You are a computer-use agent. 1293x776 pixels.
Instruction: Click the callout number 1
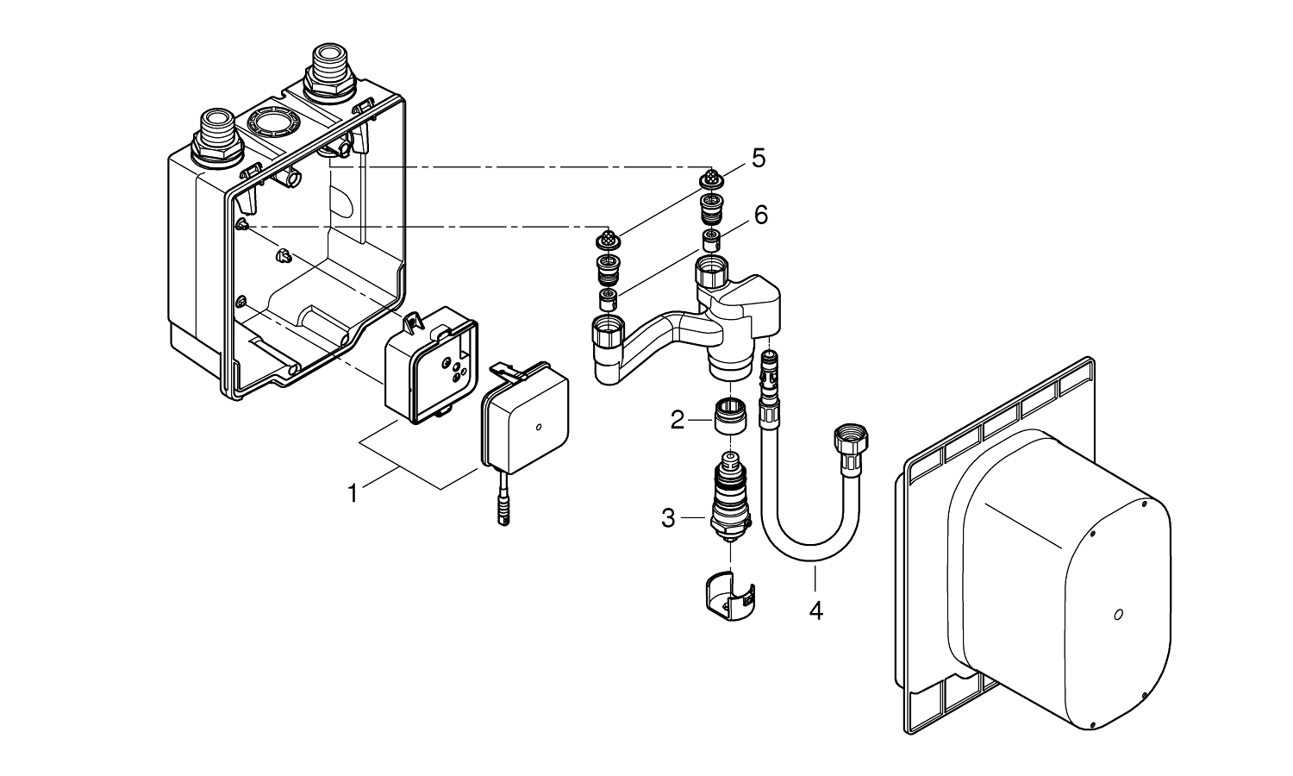pyautogui.click(x=352, y=493)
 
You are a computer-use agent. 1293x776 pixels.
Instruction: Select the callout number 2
pyautogui.click(x=678, y=421)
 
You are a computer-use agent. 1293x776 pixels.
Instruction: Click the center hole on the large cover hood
pyautogui.click(x=1118, y=614)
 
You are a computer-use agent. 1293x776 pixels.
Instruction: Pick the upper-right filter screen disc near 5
pyautogui.click(x=712, y=178)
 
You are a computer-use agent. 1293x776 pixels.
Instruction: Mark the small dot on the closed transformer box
pyautogui.click(x=539, y=427)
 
